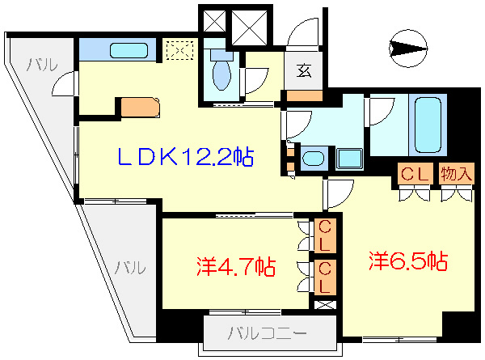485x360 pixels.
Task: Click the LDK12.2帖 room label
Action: click(x=186, y=157)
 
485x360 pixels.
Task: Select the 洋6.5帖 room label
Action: click(x=408, y=261)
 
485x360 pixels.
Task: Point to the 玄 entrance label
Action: click(x=303, y=71)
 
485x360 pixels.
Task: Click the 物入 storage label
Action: click(x=456, y=173)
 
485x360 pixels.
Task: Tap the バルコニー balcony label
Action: click(x=266, y=332)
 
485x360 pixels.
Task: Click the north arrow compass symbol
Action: click(x=408, y=50)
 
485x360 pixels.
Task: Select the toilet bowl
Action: click(x=221, y=74)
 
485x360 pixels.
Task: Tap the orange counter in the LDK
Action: click(x=140, y=107)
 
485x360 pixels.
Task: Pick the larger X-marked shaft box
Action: click(x=251, y=28)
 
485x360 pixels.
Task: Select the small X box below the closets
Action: click(x=326, y=306)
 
